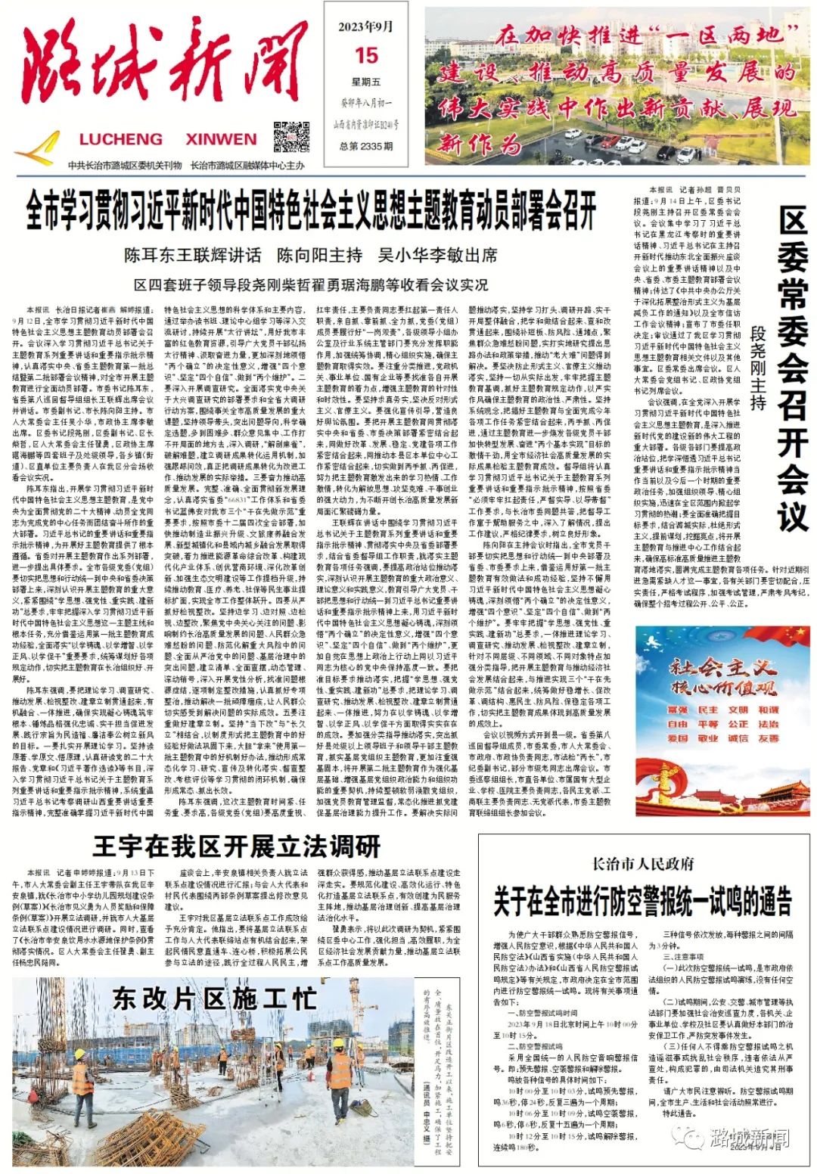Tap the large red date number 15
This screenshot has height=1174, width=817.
[366, 55]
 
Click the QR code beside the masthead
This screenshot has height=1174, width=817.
[290, 137]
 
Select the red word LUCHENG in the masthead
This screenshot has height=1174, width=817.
[121, 139]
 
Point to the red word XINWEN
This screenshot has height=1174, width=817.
[221, 139]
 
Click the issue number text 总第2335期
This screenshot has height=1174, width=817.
[366, 147]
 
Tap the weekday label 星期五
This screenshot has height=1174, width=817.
[366, 82]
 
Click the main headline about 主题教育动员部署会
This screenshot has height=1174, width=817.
[311, 210]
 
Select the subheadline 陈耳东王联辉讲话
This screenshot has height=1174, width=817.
[192, 255]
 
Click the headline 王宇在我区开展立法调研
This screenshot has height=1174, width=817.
[236, 845]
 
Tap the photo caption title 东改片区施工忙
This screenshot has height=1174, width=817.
[215, 999]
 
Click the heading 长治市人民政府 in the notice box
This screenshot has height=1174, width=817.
[642, 863]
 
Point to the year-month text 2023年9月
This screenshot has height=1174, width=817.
[366, 26]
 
